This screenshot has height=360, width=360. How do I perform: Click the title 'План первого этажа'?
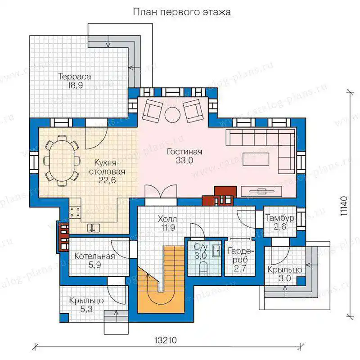[x=182, y=12]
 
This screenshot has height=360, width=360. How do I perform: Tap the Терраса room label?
[x=74, y=76]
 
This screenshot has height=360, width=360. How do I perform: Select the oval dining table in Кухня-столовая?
[x=63, y=161]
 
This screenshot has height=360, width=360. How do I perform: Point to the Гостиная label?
[x=184, y=152]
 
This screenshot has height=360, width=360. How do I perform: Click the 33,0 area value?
[x=184, y=160]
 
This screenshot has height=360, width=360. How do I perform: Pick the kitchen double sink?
[x=93, y=228]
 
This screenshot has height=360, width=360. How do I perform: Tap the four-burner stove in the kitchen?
[x=75, y=212]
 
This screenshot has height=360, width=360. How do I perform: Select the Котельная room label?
[x=94, y=256]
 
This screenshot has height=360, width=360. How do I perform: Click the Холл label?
[x=167, y=219]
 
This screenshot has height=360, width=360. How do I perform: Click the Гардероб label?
[x=241, y=255]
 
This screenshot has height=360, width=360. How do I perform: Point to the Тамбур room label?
[x=280, y=218]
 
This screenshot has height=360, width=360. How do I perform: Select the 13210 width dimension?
[x=166, y=340]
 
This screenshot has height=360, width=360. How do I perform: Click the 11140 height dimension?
[x=344, y=206]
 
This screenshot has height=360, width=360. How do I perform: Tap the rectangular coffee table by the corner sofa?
[x=256, y=159]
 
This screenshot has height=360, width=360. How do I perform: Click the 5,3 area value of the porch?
[x=86, y=309]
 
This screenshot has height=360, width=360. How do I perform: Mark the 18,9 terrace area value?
[x=75, y=85]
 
